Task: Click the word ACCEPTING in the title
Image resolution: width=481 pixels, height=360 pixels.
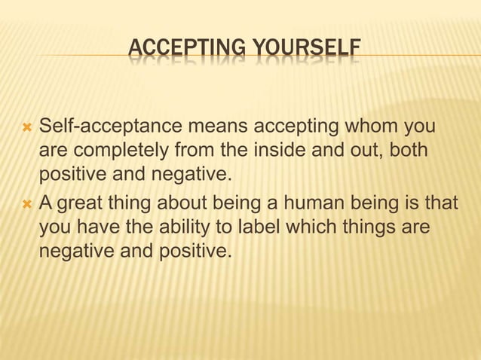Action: (x=173, y=50)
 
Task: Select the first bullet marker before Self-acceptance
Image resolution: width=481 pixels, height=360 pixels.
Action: (x=26, y=125)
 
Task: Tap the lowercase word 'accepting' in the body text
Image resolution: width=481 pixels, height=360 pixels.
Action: (x=288, y=124)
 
